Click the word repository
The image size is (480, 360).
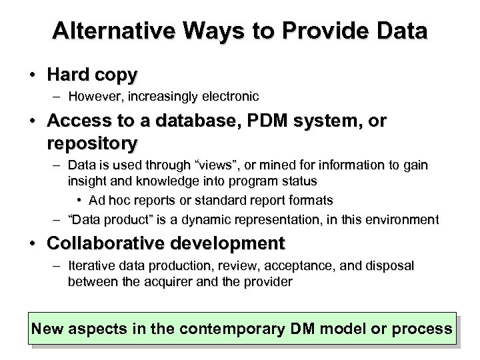pos(93,142)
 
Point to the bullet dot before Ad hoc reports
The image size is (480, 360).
pos(80,200)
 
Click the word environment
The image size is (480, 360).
pos(407,219)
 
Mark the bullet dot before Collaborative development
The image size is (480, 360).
pos(33,242)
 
